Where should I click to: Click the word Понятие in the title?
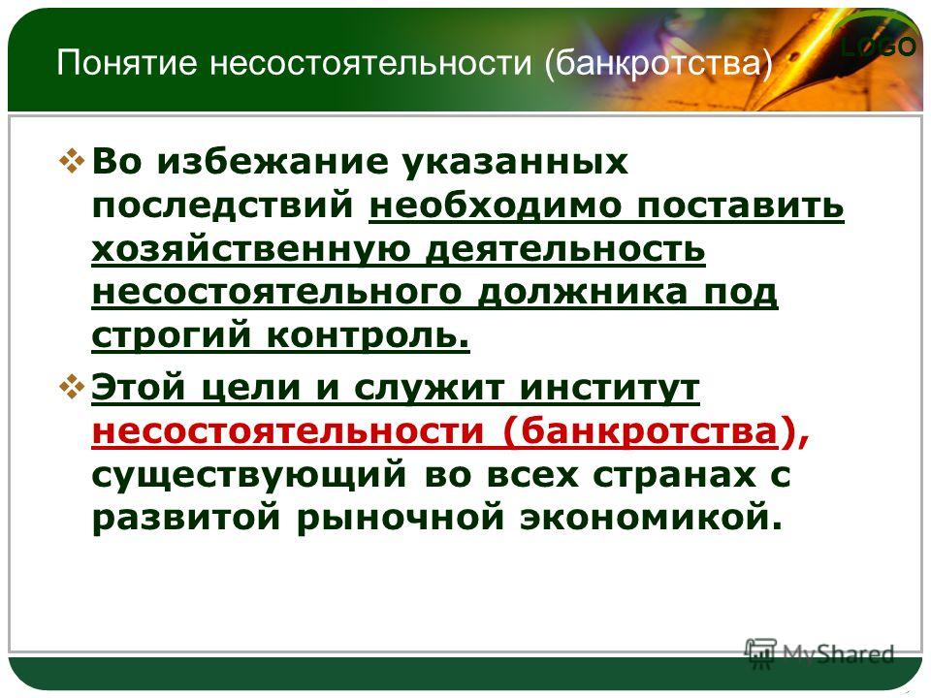coord(126,62)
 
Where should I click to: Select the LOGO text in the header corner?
coord(879,47)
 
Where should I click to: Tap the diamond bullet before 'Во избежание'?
coord(72,161)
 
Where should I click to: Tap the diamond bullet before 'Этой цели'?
coord(72,388)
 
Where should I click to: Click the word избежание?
coord(272,162)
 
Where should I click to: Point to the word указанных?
coord(514,163)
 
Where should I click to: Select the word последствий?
coord(223,206)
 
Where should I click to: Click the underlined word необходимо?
coord(496,205)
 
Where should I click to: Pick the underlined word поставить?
coord(740,206)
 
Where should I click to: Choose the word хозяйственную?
coord(251,249)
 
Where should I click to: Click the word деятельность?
coord(565,249)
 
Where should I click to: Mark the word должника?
coord(583,293)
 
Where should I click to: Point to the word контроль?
coord(369,336)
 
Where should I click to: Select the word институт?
coord(610,388)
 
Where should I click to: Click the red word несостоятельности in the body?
coord(288,430)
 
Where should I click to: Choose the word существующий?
coord(249,476)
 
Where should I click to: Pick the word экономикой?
coord(652,517)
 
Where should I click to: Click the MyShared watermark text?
coord(838,653)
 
